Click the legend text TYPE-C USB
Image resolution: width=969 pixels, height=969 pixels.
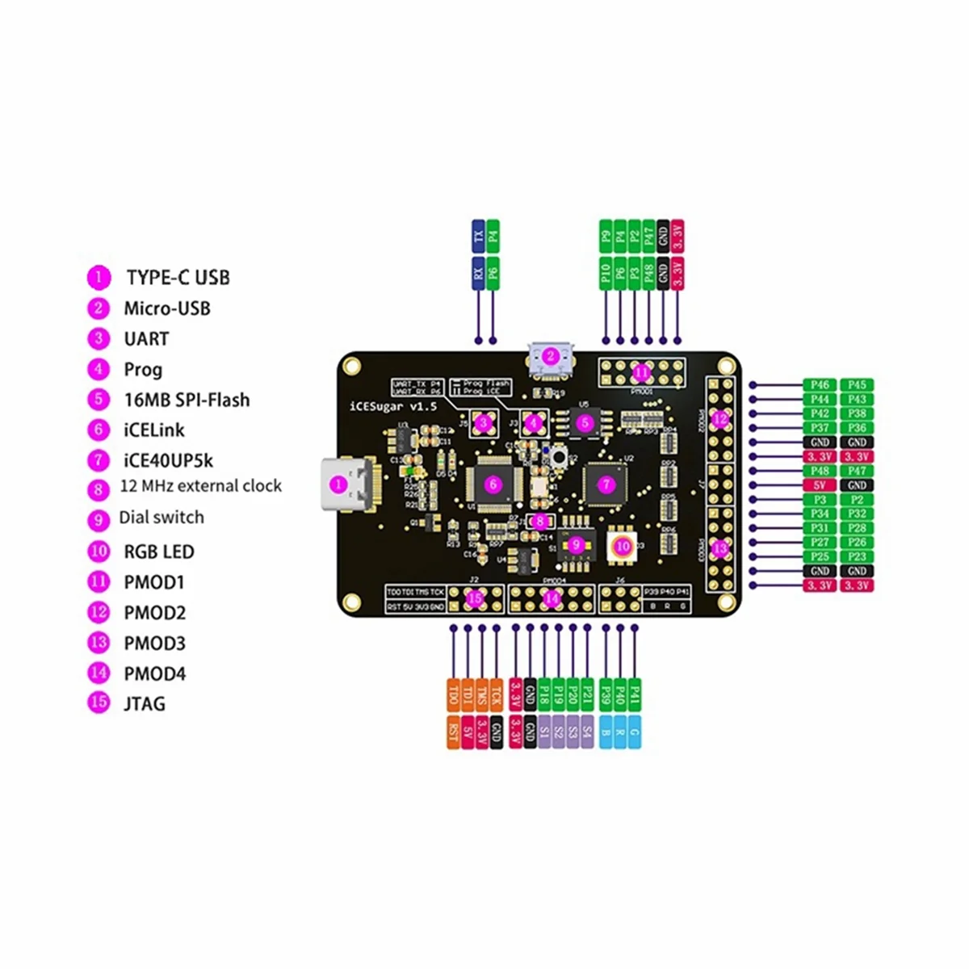tap(178, 278)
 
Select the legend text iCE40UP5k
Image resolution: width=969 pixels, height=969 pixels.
tap(168, 460)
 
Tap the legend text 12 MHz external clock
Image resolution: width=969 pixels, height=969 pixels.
tap(200, 486)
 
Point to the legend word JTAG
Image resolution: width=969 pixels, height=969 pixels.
tap(145, 704)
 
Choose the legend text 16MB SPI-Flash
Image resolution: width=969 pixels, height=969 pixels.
tap(187, 400)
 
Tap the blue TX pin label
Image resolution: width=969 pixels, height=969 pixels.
tap(479, 237)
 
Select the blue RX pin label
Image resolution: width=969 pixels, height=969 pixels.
tap(479, 273)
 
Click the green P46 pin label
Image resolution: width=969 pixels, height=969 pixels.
tap(820, 385)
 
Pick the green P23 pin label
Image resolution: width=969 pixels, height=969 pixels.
tap(857, 556)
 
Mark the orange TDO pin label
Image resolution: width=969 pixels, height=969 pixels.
tap(453, 694)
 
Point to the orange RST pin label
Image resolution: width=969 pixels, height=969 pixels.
tap(453, 732)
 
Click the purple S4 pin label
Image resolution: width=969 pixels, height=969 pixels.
tap(587, 732)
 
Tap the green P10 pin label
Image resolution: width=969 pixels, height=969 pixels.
tap(606, 273)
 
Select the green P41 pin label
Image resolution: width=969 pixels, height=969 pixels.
tap(635, 694)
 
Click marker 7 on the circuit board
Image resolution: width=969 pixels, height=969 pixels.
tap(606, 484)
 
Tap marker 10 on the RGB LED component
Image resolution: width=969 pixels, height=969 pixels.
tap(622, 546)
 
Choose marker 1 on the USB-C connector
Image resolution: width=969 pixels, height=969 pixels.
tap(338, 484)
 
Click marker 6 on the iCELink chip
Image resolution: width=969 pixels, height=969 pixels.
tap(493, 484)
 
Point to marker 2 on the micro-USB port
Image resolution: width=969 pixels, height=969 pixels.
tap(550, 356)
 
